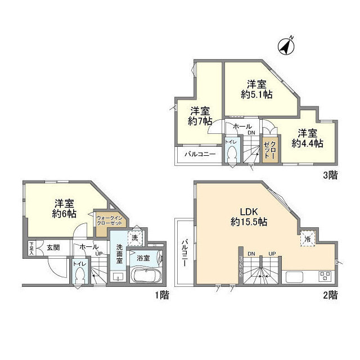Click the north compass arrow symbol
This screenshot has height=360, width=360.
tap(287, 46)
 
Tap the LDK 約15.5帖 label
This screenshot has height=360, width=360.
tap(249, 217)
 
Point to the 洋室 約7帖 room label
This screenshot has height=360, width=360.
tap(200, 116)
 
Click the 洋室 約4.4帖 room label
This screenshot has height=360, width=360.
tap(307, 138)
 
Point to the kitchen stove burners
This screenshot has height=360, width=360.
tap(325, 276)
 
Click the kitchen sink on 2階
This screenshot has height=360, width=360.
tap(295, 277)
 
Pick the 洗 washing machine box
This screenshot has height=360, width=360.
tap(134, 238)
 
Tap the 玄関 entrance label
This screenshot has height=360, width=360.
tap(53, 247)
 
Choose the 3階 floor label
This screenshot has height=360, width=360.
tap(330, 175)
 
